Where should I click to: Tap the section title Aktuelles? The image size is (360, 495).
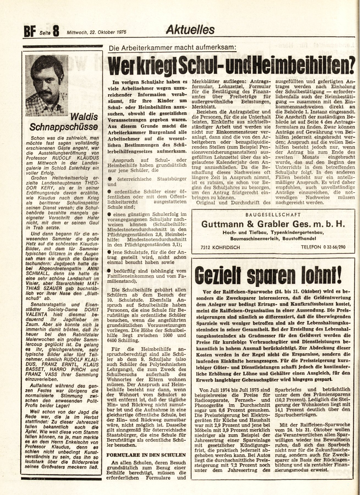tap(190, 29)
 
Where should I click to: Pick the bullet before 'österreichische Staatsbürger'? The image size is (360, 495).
tap(109, 179)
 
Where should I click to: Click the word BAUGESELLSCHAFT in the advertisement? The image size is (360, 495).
tap(273, 215)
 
